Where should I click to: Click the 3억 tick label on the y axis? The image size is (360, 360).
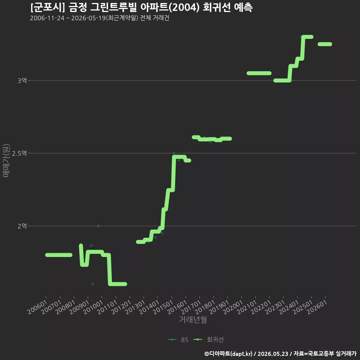[22, 81]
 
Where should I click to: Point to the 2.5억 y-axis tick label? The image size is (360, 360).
[19, 153]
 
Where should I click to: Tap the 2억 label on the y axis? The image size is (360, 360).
[22, 226]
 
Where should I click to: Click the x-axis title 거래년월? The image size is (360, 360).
[193, 319]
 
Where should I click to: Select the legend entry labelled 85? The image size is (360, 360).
[178, 340]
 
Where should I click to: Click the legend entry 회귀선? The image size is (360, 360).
[208, 340]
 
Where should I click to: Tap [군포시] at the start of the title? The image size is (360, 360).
[48, 7]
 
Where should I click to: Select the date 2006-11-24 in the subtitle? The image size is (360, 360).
[47, 18]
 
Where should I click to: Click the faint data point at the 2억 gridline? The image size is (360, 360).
[98, 226]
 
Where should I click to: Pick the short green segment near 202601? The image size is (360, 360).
[325, 44]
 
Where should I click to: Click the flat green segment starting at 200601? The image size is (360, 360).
[59, 255]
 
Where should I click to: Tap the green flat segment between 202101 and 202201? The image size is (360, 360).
[259, 73]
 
